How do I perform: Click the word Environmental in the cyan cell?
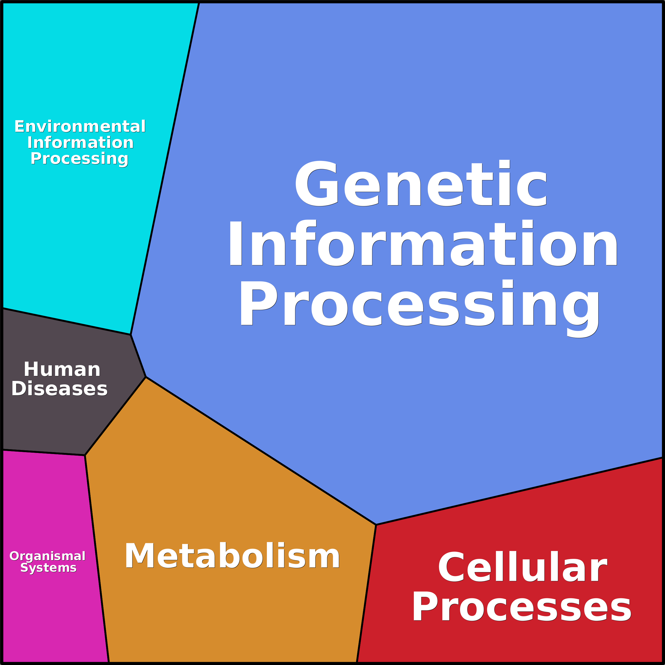click(80, 127)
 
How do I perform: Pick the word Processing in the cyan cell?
click(79, 159)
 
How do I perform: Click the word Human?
click(62, 370)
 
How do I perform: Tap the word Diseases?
click(60, 389)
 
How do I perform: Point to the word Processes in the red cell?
click(522, 608)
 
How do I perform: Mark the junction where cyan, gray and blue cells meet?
click(131, 335)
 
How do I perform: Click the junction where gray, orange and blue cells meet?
click(146, 377)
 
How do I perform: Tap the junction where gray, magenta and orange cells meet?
click(85, 455)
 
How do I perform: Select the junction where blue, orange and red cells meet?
click(376, 525)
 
